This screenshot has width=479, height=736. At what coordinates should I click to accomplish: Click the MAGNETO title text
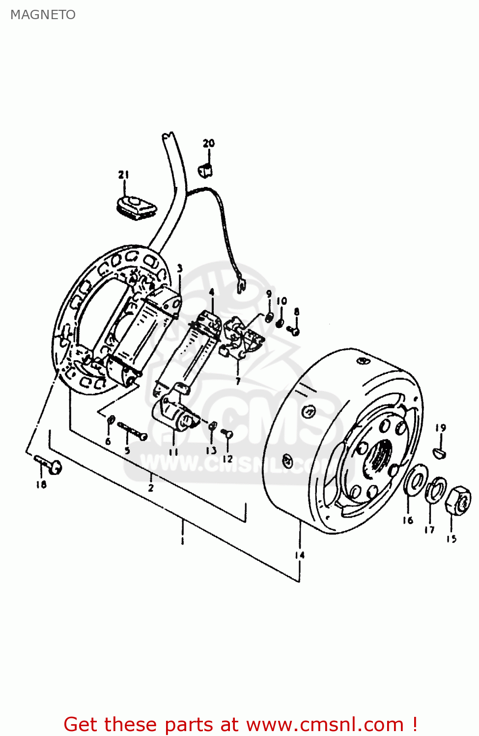click(43, 15)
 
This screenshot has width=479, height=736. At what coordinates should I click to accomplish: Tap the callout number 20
click(209, 143)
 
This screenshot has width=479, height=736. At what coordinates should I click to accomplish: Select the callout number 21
click(123, 175)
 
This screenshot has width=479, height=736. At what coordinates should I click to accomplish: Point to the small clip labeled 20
click(206, 170)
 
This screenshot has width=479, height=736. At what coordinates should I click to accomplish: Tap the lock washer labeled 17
click(436, 489)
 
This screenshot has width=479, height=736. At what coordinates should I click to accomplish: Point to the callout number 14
click(300, 555)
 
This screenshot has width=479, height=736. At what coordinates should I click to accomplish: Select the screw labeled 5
click(133, 431)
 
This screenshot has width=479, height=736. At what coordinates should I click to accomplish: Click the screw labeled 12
click(227, 434)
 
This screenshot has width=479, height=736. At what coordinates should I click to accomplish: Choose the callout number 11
click(173, 451)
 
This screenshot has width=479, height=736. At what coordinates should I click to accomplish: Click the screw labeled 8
click(294, 330)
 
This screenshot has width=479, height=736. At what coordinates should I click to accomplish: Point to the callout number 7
click(238, 381)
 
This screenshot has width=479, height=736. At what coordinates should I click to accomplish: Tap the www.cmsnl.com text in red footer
click(324, 724)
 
